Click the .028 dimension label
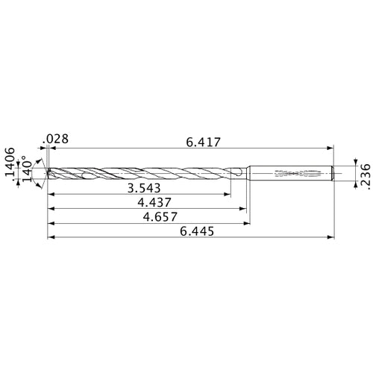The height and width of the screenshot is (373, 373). coord(57,138)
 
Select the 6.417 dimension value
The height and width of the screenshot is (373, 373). coord(202,141)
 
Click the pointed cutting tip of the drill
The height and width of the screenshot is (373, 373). coord(48,173)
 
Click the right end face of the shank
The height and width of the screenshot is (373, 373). coord(333,173)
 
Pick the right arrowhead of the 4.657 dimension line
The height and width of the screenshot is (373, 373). coord(247,224)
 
